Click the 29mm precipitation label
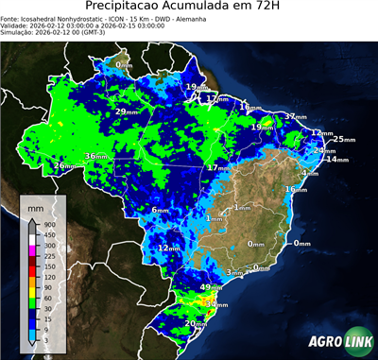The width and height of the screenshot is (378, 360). pyautogui.click(x=124, y=112)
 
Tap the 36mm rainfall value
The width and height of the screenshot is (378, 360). pyautogui.click(x=97, y=156)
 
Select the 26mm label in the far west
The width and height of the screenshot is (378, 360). pyautogui.click(x=64, y=166)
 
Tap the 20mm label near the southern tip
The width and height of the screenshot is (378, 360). pyautogui.click(x=196, y=324)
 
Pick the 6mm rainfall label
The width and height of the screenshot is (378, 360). pyautogui.click(x=160, y=210)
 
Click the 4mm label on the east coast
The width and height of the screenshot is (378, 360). pyautogui.click(x=309, y=174)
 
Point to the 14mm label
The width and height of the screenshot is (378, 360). pyautogui.click(x=335, y=160)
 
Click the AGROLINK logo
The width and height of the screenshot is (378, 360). pyautogui.click(x=337, y=342)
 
